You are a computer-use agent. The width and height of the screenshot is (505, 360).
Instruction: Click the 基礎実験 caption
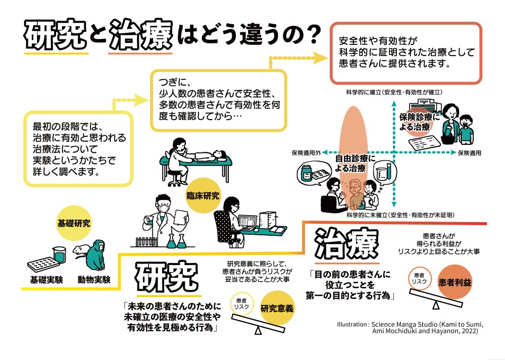45,279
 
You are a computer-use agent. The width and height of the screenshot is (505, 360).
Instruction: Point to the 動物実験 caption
94,279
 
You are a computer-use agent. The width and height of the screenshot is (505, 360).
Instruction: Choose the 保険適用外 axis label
304,152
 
